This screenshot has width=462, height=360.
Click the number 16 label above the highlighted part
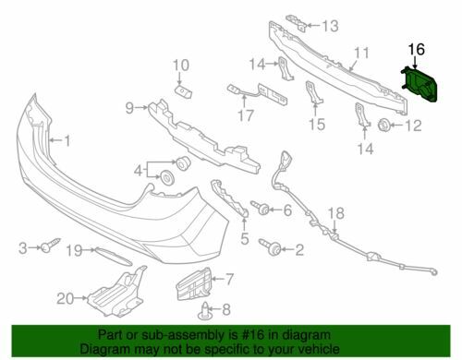coord(416,49)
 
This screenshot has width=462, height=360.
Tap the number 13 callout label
coord(331,25)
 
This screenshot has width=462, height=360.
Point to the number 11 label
coord(361,53)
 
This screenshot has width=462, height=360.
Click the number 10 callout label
coord(180,65)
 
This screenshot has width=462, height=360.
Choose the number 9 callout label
coord(131,107)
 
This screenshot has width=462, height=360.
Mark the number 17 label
coord(245,116)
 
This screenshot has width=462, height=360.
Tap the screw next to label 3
coord(45,246)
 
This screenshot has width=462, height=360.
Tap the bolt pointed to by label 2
coord(274,247)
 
